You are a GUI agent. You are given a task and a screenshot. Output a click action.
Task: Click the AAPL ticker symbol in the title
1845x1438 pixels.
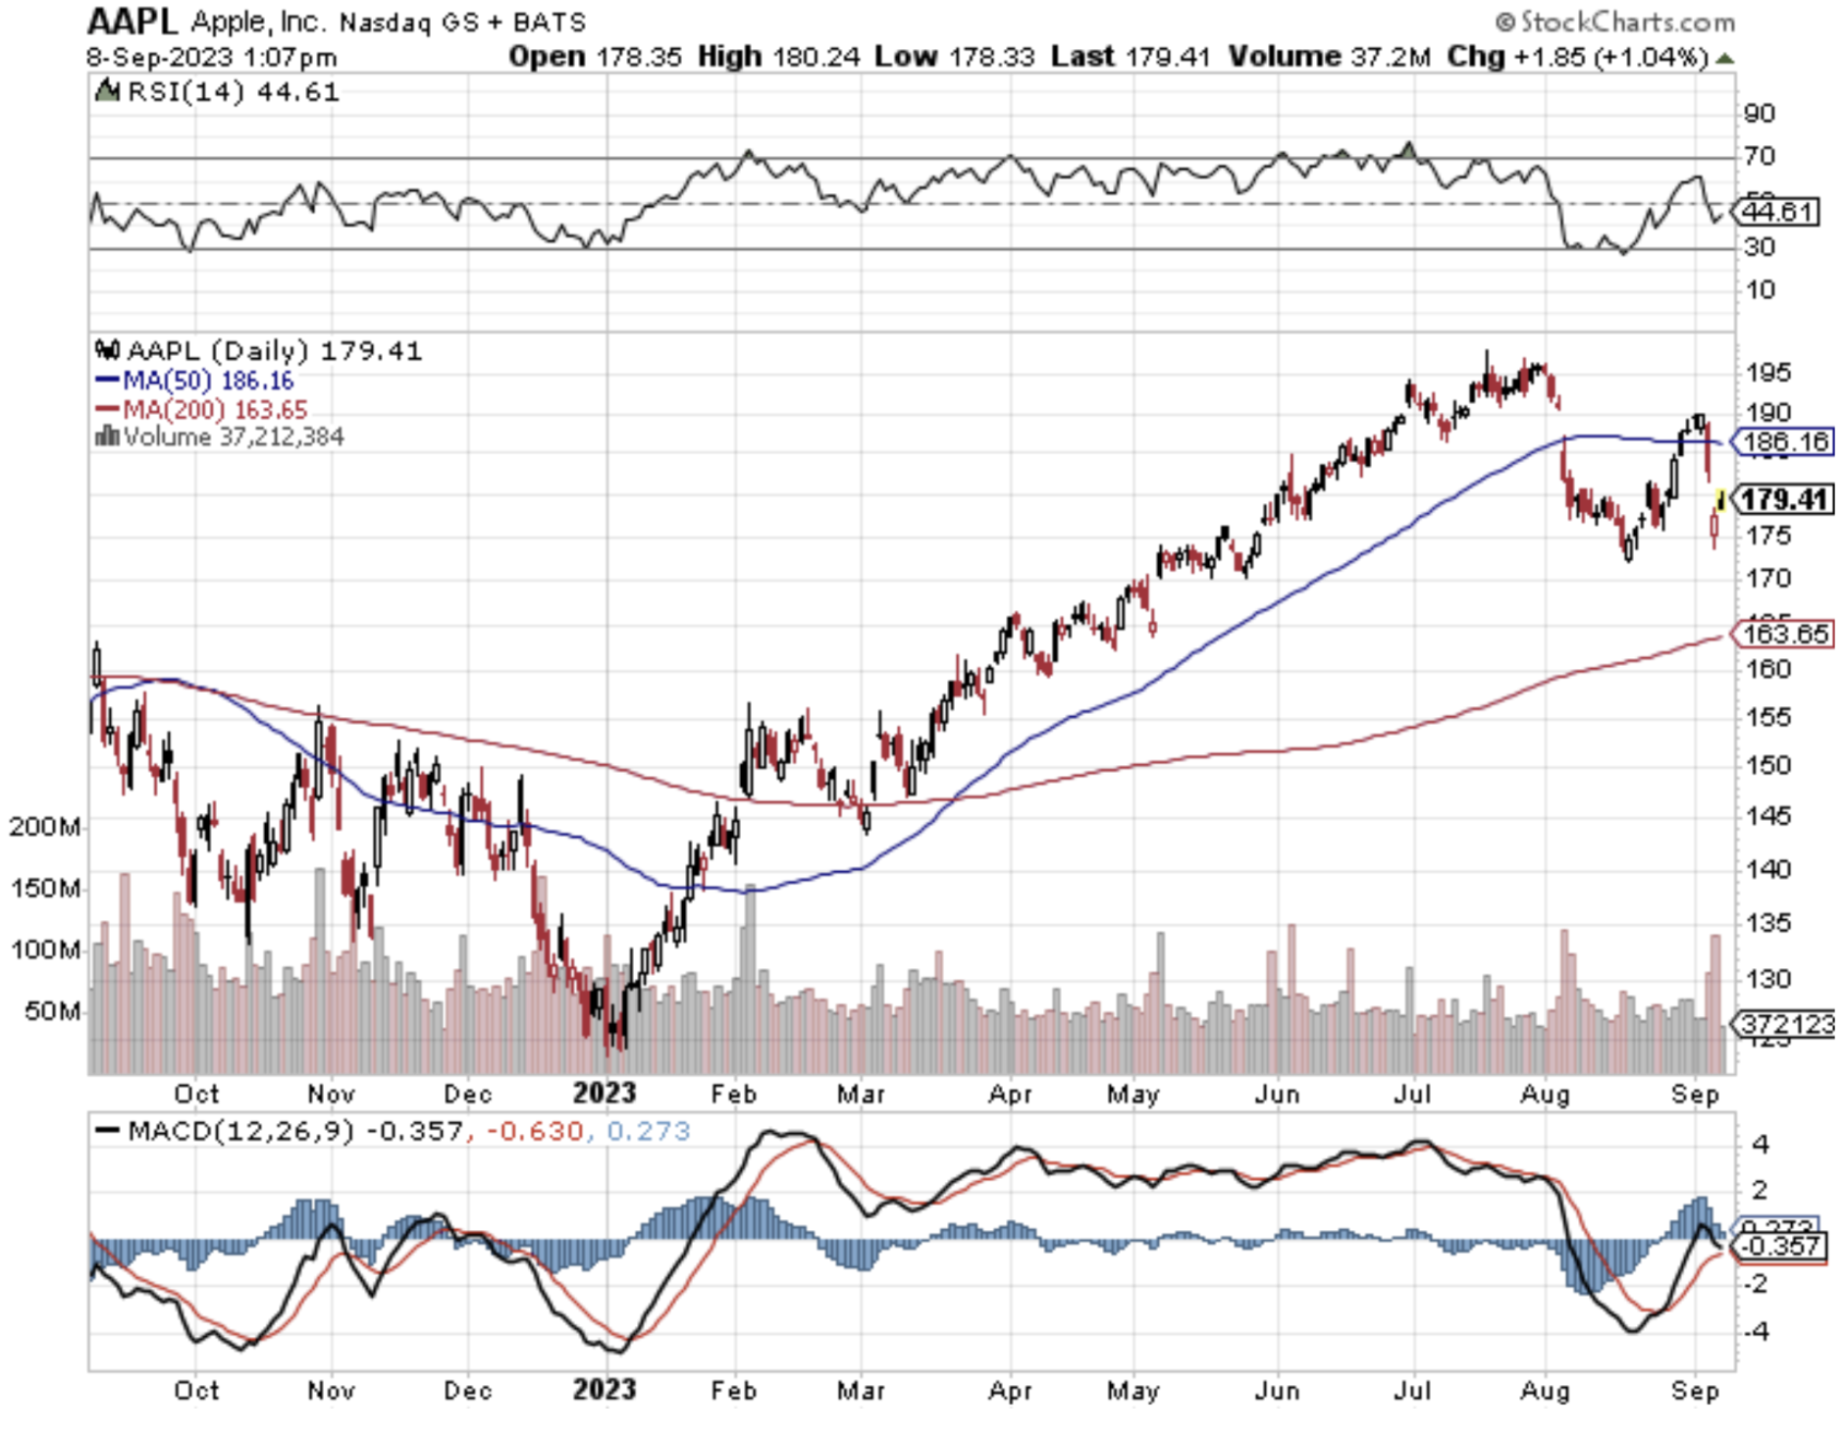coord(132,21)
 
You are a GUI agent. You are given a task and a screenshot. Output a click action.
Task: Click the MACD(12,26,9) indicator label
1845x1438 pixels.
coord(239,1131)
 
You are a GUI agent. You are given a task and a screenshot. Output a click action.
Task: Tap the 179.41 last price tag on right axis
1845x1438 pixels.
coord(1784,499)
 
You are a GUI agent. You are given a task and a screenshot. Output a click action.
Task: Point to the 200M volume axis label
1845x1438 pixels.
coord(45,827)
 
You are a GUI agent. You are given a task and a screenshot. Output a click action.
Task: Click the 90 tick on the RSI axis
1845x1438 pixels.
coord(1760,114)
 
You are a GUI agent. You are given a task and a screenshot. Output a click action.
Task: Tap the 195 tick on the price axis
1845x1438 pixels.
coord(1767,373)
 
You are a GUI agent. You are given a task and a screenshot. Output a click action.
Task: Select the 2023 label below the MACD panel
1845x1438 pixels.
coord(604,1390)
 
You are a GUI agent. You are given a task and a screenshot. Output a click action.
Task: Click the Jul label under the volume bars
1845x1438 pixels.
coord(1411,1093)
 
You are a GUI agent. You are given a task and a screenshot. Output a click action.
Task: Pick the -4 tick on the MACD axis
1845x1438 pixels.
coord(1759,1331)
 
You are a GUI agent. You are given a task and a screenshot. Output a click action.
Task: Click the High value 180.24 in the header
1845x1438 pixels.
coord(815,57)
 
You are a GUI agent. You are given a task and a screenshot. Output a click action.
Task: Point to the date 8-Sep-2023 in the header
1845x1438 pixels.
coord(158,57)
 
